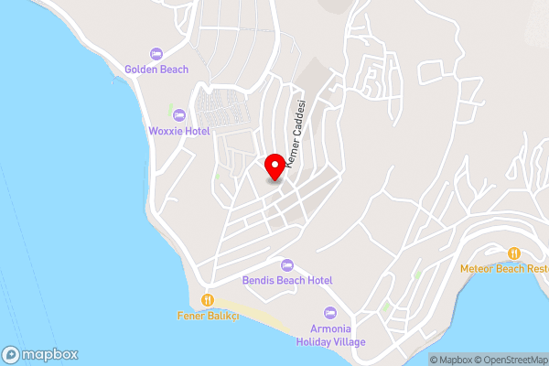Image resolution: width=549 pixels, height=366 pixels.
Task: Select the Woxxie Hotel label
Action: [179, 131]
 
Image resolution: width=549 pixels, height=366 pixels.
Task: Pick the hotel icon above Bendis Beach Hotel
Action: [287, 264]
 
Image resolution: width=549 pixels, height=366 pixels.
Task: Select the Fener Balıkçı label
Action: [208, 316]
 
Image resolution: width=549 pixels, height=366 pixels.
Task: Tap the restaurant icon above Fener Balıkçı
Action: [208, 300]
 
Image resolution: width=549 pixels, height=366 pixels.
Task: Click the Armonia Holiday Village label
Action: [330, 336]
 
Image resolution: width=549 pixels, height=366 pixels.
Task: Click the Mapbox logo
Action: [40, 354]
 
